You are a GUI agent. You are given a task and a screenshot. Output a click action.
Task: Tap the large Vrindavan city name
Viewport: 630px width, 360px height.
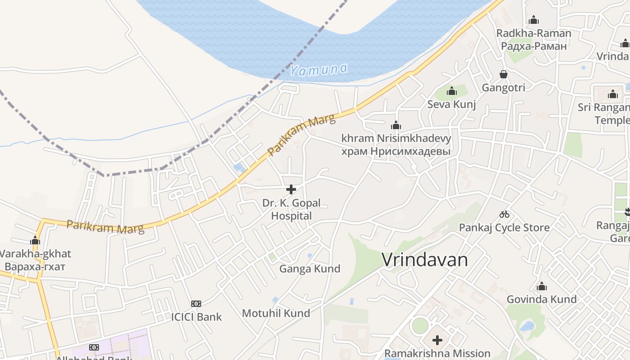[425, 260]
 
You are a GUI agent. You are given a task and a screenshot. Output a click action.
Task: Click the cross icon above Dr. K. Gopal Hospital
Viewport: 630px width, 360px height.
[291, 189]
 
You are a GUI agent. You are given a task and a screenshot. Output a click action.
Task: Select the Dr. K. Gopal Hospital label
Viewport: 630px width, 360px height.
[291, 209]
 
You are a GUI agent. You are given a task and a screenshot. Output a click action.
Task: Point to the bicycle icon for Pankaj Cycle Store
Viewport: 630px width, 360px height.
[504, 214]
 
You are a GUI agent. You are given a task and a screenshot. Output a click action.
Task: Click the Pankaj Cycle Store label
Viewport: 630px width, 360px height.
[504, 228]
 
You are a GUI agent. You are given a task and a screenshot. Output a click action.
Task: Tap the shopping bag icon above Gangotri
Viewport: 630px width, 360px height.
[503, 74]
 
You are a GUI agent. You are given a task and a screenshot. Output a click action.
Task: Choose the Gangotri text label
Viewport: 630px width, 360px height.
[503, 87]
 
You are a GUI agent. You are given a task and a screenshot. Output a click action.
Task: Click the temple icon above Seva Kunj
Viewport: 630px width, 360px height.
[451, 91]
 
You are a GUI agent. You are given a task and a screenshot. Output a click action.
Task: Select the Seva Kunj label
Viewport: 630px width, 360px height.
[451, 104]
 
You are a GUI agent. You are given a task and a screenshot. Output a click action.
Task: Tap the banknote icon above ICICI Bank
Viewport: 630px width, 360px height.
[196, 304]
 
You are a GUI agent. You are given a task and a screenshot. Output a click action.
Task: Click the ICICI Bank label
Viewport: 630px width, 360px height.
[196, 317]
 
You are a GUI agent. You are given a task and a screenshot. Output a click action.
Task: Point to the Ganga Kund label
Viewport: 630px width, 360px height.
[310, 269]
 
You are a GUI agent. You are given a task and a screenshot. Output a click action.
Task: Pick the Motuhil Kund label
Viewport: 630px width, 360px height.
[276, 313]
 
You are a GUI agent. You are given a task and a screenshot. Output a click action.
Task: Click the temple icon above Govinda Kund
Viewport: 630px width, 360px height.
[541, 286]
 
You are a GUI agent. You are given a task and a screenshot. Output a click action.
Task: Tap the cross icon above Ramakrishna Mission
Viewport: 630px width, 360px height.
[437, 340]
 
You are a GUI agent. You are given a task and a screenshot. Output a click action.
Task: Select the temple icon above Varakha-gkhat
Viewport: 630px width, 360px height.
[35, 240]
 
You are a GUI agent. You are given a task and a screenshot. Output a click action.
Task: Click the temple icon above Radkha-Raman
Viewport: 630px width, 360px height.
[534, 20]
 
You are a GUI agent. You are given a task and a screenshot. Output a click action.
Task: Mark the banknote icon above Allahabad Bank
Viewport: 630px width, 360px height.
[94, 347]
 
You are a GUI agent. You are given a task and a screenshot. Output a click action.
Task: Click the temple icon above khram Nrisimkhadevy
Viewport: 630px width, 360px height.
[396, 125]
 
